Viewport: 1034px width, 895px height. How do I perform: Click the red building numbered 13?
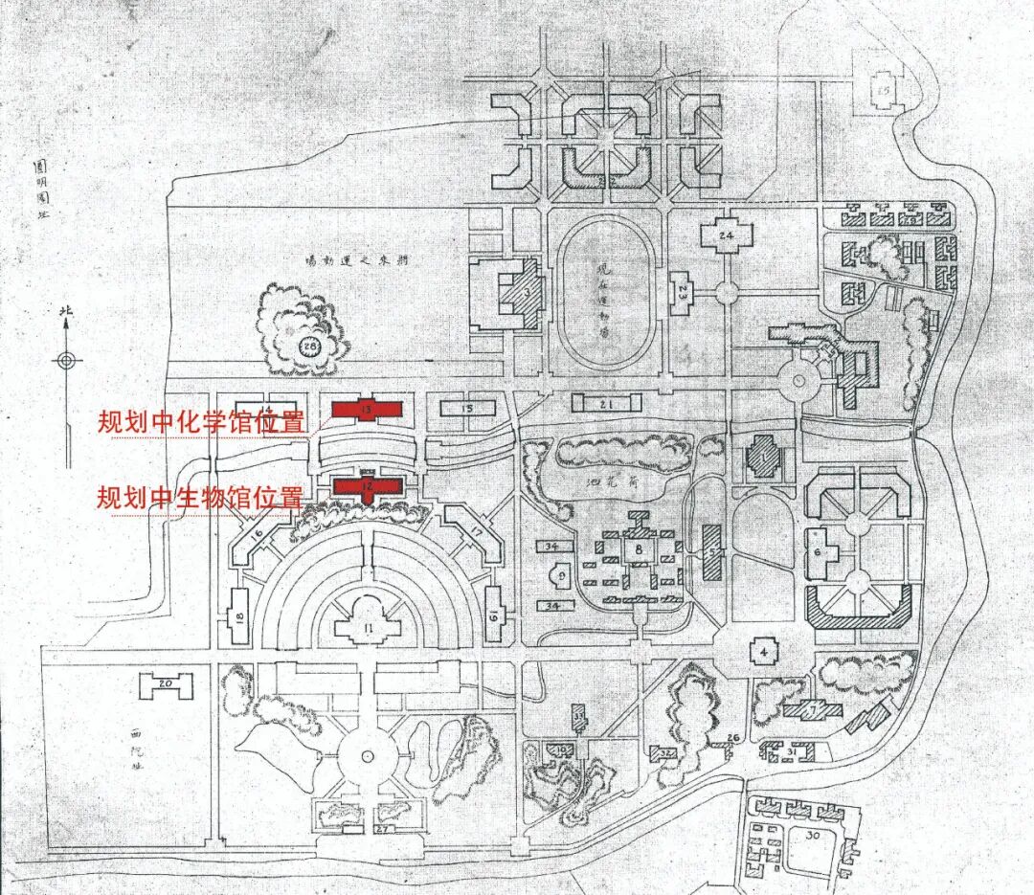pos(367,410)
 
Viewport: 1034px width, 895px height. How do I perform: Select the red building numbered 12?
pos(367,485)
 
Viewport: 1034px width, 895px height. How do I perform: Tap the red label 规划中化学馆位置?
pos(201,422)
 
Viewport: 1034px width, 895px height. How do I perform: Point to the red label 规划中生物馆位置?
pos(200,498)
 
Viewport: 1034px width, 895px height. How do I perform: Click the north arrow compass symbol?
pos(65,360)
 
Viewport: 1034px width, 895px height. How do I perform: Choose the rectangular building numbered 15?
pos(467,409)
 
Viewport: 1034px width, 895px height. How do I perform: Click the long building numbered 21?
pos(605,407)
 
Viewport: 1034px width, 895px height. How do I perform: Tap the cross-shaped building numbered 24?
pos(728,235)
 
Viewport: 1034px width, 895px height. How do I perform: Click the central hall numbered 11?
pos(368,628)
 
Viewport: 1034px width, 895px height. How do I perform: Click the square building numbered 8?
pos(638,550)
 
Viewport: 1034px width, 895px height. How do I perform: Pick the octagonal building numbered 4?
pos(764,653)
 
